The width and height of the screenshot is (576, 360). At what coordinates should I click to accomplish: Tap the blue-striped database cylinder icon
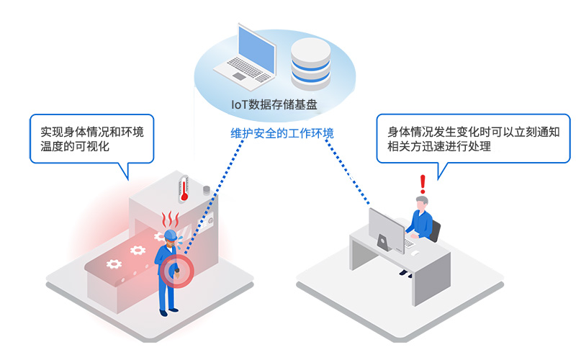(x=310, y=63)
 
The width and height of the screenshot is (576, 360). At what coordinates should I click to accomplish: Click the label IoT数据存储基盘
(x=274, y=104)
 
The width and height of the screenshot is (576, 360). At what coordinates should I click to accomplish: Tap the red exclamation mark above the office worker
(x=423, y=185)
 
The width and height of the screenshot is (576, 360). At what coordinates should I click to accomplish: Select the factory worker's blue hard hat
(x=171, y=235)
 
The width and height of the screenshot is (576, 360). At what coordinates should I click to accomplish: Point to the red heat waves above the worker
(x=171, y=217)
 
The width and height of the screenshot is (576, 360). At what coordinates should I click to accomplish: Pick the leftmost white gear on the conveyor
(x=112, y=264)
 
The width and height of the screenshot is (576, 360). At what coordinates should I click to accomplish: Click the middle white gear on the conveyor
(x=137, y=251)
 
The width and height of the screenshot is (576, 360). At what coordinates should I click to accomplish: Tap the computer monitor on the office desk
(x=386, y=230)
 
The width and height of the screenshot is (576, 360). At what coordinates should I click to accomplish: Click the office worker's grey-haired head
(x=422, y=202)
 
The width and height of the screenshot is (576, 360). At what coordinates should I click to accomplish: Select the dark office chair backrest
(x=435, y=230)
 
